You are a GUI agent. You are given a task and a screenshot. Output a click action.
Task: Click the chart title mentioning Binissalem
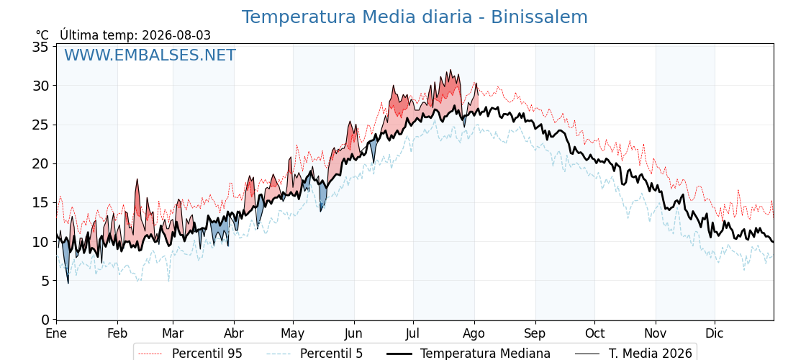(415, 17)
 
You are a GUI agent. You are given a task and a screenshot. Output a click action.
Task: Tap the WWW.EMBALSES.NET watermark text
(150, 55)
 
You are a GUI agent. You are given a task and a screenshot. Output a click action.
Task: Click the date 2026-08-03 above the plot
(176, 35)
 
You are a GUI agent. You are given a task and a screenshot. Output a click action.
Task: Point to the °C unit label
(42, 35)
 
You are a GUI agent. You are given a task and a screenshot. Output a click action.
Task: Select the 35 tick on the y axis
(40, 47)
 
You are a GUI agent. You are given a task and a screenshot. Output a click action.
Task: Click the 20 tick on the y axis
(40, 164)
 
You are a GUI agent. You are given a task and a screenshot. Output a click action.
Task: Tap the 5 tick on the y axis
(45, 281)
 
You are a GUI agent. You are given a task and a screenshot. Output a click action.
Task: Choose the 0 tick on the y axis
(45, 320)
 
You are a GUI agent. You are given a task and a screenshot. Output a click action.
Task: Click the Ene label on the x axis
(56, 333)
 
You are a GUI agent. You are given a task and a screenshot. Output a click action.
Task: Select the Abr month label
(234, 333)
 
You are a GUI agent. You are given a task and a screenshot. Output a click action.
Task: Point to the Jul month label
(413, 333)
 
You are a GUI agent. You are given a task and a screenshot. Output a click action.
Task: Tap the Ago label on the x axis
(474, 334)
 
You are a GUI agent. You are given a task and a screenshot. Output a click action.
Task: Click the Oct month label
(594, 333)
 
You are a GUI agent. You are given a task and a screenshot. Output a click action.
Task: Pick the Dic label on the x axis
(715, 333)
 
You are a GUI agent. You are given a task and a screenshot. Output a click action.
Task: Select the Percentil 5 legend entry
(315, 354)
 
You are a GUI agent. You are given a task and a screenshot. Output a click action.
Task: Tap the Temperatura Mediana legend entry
(468, 354)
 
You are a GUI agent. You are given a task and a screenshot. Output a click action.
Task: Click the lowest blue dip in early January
(68, 282)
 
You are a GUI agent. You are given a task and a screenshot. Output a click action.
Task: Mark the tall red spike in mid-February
(137, 179)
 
